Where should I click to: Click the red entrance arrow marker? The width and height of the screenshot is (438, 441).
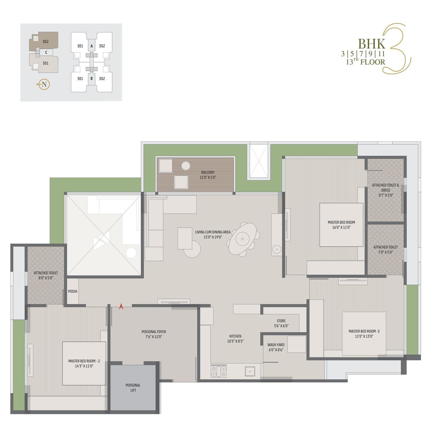pyautogui.click(x=121, y=307)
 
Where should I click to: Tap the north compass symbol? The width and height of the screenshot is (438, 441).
pyautogui.click(x=43, y=85)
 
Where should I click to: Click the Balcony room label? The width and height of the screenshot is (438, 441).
pyautogui.click(x=208, y=175)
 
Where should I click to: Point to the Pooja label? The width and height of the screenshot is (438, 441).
pyautogui.click(x=73, y=291)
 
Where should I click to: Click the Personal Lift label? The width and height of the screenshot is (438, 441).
pyautogui.click(x=133, y=388)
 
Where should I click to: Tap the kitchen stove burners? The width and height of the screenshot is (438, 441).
pyautogui.click(x=219, y=371)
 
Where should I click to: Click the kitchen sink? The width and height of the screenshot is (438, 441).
pyautogui.click(x=250, y=371)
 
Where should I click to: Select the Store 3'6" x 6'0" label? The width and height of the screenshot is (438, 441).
pyautogui.click(x=281, y=323)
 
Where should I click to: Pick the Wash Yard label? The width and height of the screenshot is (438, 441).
pyautogui.click(x=276, y=347)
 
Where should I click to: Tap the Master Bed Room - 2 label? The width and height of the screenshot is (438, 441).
pyautogui.click(x=84, y=363)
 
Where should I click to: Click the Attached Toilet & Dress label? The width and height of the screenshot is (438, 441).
pyautogui.click(x=386, y=190)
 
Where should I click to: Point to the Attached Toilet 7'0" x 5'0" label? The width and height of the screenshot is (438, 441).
pyautogui.click(x=386, y=249)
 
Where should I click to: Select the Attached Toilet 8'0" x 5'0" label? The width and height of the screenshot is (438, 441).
pyautogui.click(x=46, y=275)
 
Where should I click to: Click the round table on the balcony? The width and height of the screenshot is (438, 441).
pyautogui.click(x=186, y=166)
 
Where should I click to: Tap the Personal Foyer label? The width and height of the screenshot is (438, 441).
pyautogui.click(x=154, y=334)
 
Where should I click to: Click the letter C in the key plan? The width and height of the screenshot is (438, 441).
pyautogui.click(x=46, y=52)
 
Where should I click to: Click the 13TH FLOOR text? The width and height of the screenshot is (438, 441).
pyautogui.click(x=365, y=62)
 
